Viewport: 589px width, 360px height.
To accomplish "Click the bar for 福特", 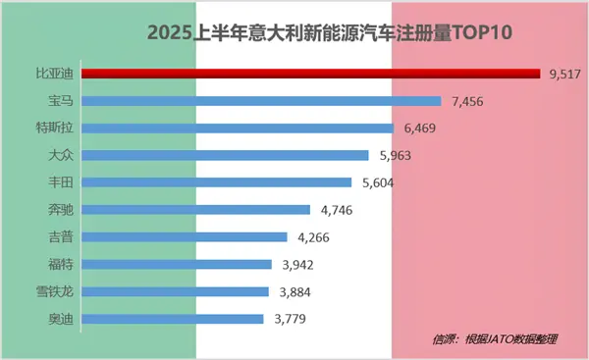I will (176, 264).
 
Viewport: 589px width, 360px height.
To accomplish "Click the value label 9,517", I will (564, 73).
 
